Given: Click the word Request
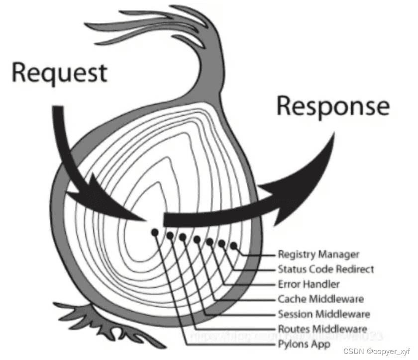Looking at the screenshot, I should [x=59, y=73].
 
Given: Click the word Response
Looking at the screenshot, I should [x=333, y=106].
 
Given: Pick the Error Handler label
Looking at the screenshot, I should [x=309, y=284].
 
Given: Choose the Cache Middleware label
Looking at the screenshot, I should [x=320, y=299].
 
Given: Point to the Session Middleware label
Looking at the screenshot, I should [x=323, y=314].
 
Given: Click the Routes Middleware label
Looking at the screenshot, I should [x=322, y=329].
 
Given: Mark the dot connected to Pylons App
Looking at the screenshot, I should [x=155, y=232].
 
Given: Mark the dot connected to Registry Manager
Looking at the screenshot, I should [x=233, y=246].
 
